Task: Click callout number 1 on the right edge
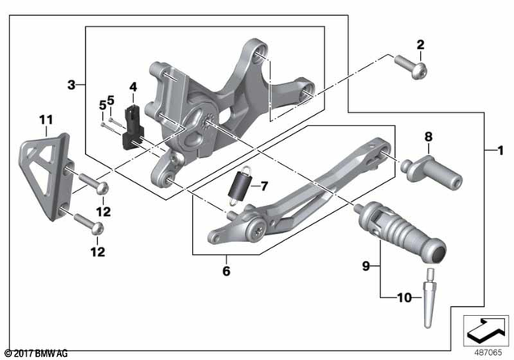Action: click(501, 149)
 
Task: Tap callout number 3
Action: click(71, 84)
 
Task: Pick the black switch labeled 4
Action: click(132, 121)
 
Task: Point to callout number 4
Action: click(133, 86)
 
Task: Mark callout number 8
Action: click(429, 137)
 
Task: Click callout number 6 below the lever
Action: click(226, 271)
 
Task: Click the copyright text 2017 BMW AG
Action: click(36, 353)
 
